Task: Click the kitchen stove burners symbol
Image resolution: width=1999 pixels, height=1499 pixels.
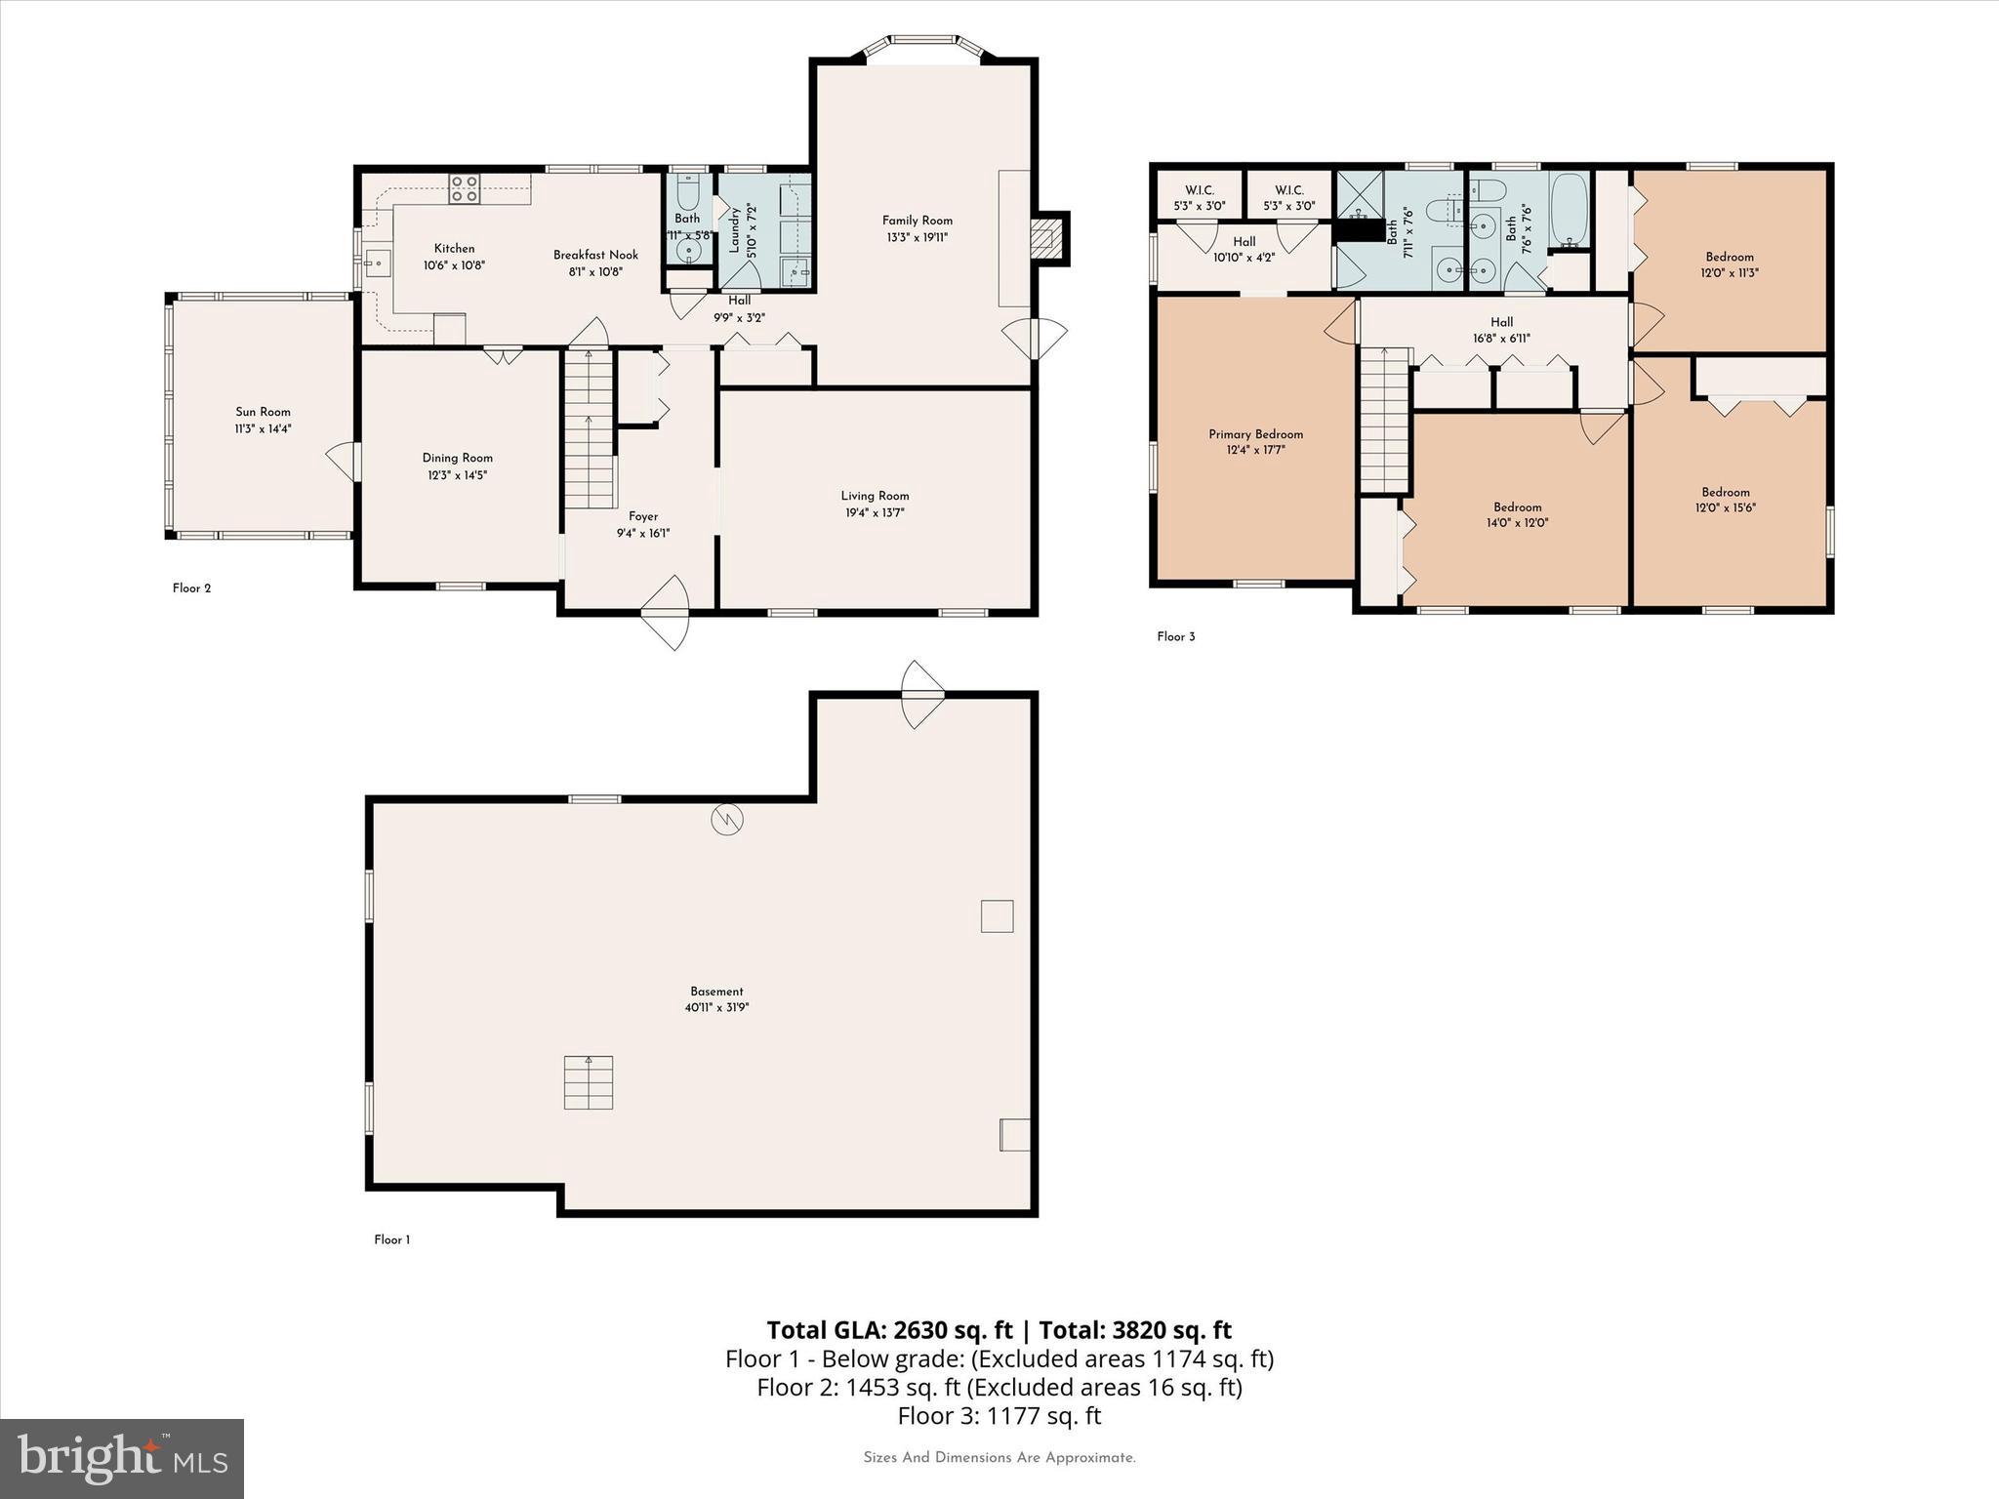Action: coord(464,188)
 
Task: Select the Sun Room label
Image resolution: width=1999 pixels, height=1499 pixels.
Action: coord(263,412)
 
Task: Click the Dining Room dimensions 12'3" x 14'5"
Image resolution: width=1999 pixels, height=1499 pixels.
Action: coord(457,475)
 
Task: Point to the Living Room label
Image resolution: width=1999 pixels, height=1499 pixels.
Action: coord(875,496)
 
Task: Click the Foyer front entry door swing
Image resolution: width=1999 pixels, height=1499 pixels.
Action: coord(667,612)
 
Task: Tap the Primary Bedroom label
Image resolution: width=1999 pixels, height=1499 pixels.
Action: coord(1255,434)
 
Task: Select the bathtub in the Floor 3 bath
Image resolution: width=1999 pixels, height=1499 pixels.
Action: coord(1569,210)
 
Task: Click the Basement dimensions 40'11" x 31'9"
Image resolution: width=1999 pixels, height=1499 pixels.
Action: coord(716,1007)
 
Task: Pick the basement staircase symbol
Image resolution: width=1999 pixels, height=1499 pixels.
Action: coord(589,1082)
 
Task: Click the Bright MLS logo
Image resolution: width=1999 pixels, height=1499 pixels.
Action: coord(122,1458)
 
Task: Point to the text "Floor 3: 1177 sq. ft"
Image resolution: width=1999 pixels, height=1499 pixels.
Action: coord(999,1415)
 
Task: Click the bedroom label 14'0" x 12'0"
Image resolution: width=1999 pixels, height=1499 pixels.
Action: coord(1517,522)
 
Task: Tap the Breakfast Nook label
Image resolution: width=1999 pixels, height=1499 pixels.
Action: coord(595,255)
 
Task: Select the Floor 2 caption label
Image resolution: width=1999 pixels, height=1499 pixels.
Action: coord(191,588)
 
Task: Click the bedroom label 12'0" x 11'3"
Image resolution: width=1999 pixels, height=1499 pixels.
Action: coord(1730,273)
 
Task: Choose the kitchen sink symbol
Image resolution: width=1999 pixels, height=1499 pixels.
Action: coord(377,263)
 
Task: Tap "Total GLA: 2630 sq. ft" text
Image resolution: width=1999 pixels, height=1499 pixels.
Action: coord(889,1330)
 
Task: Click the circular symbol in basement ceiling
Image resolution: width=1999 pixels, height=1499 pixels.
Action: coord(727,820)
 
